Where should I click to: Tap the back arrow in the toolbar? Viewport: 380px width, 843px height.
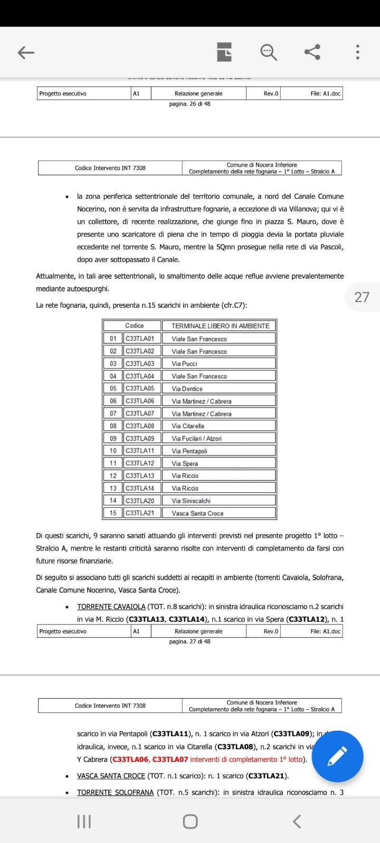[26, 52]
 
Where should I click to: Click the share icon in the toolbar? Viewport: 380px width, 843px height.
[312, 52]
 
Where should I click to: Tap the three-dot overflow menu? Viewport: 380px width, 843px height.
[358, 52]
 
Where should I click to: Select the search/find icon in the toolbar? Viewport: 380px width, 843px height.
[269, 52]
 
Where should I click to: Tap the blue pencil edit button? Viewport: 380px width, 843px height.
[337, 756]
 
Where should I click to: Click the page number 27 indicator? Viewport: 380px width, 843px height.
[362, 297]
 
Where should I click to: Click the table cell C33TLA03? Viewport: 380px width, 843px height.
[140, 364]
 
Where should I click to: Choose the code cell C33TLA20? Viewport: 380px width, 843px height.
[140, 501]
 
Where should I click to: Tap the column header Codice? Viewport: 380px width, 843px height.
[135, 326]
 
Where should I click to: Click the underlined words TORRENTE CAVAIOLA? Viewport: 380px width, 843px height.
[111, 606]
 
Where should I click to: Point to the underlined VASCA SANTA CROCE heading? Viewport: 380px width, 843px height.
[111, 776]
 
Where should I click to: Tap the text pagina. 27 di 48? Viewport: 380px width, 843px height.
[189, 641]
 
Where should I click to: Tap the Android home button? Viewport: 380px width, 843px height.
[190, 821]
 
